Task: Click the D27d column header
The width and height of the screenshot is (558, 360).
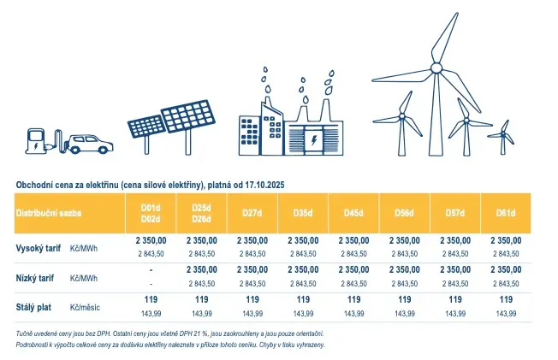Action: (x=252, y=213)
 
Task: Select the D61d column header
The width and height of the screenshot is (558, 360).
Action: (x=506, y=213)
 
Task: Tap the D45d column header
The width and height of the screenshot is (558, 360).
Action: (x=353, y=213)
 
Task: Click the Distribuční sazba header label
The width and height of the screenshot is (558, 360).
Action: (x=49, y=213)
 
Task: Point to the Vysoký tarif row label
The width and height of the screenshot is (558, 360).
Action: (x=38, y=248)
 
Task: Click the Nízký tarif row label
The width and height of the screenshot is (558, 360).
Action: (x=35, y=278)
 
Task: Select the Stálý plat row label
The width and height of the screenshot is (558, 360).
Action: (x=33, y=307)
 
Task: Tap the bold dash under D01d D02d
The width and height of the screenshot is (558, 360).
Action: (x=151, y=270)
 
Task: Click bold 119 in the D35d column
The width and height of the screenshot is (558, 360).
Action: (x=303, y=299)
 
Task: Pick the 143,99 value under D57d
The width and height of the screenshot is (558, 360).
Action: (x=455, y=314)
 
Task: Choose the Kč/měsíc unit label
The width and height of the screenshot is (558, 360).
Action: (x=85, y=307)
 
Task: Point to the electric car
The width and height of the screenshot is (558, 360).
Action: (x=89, y=144)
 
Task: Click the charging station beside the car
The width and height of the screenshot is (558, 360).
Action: (x=36, y=141)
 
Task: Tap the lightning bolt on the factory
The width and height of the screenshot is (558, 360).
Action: (x=314, y=140)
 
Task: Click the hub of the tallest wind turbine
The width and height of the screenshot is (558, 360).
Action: (x=436, y=68)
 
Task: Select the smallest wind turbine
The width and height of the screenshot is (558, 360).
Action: (x=502, y=138)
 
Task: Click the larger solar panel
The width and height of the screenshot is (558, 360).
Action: (x=188, y=116)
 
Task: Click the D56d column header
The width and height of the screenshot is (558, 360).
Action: (x=404, y=213)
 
